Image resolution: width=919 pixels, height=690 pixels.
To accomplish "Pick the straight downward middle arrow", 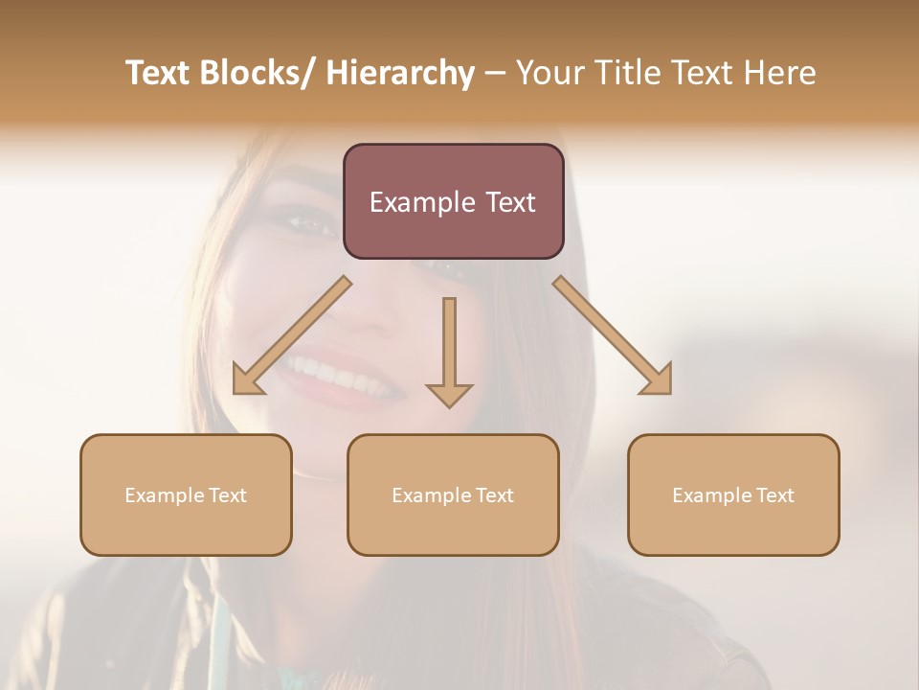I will pos(449,350).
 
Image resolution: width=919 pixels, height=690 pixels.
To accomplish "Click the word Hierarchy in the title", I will pos(399,74).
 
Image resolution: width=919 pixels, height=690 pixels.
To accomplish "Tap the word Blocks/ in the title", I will pos(260,74).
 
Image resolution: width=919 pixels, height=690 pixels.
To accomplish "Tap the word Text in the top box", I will pos(510,202).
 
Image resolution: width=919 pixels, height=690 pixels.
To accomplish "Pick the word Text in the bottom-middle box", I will pos(494,495).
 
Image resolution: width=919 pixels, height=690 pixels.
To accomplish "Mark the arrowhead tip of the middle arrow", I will pos(449,407).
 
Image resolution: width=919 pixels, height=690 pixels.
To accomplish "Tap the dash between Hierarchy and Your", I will pos(495,74).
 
